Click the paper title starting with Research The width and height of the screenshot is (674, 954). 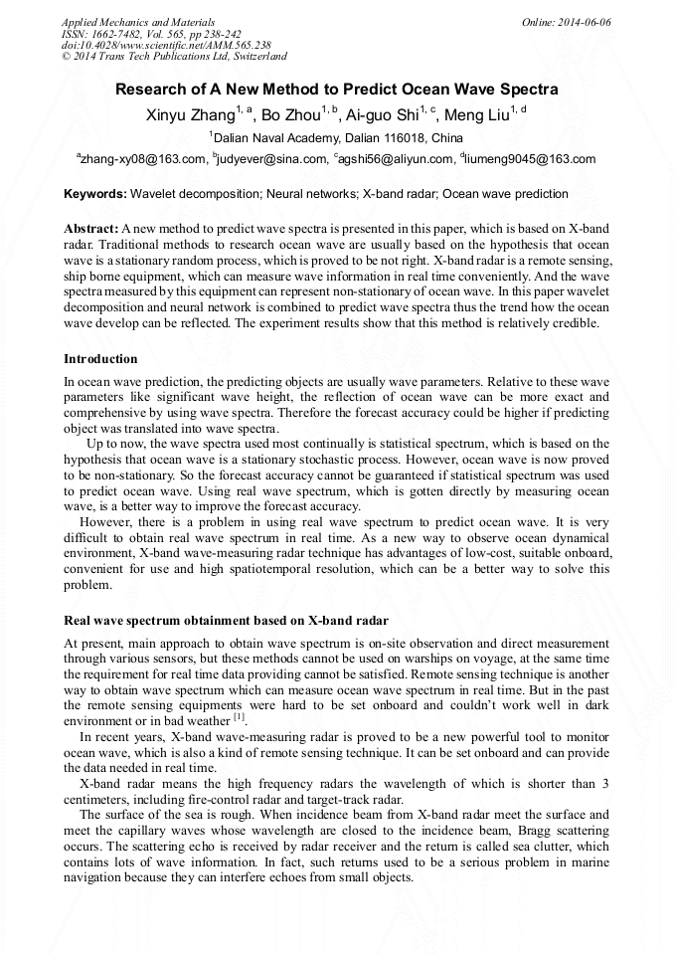[337, 90]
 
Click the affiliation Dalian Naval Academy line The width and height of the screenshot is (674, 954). [338, 137]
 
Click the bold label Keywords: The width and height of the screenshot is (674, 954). [95, 194]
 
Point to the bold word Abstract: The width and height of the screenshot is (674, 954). [91, 229]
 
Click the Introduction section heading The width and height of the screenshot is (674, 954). [100, 359]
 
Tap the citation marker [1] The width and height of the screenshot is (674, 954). [240, 717]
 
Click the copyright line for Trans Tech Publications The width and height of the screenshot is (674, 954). [174, 57]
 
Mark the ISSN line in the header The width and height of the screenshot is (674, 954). [151, 33]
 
